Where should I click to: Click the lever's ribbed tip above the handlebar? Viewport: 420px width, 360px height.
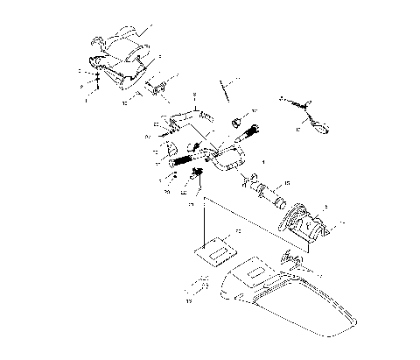[203, 113]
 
